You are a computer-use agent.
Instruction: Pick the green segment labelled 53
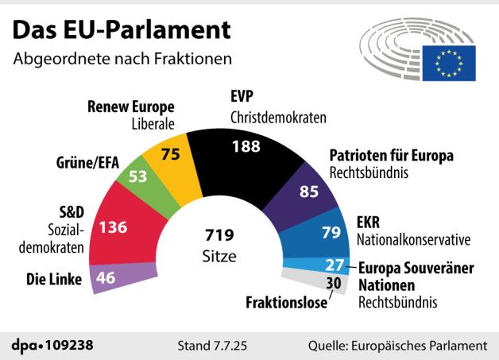click(140, 176)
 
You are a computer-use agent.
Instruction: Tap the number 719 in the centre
click(217, 236)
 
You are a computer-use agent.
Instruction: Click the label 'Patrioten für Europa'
click(391, 156)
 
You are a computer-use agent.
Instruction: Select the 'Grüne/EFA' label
click(87, 163)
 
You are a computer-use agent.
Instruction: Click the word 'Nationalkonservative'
click(414, 238)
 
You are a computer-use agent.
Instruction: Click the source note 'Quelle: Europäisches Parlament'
click(397, 346)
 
